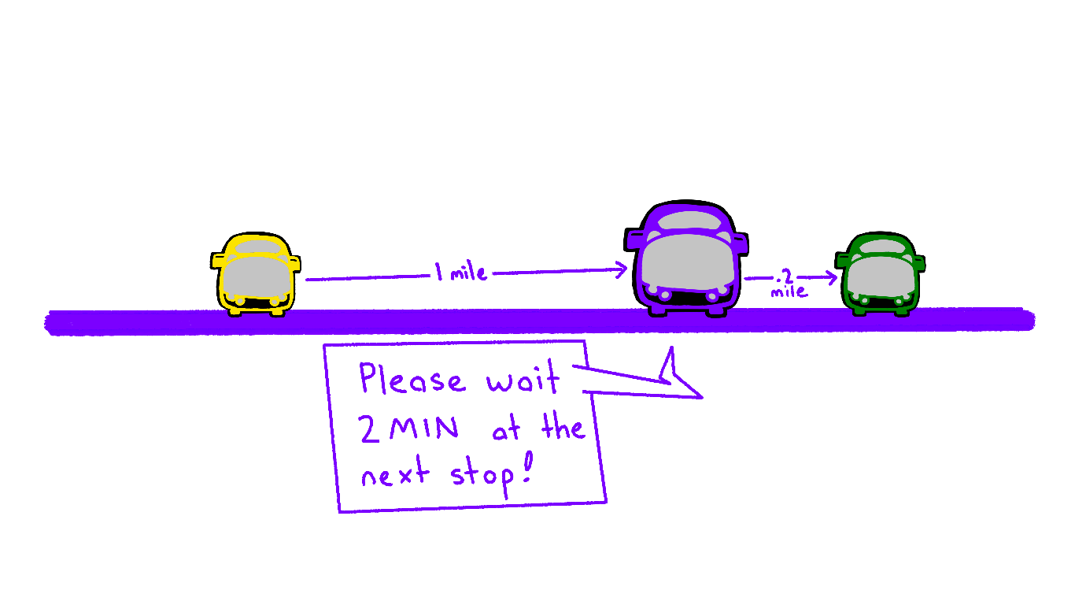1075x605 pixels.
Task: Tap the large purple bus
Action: pos(685,260)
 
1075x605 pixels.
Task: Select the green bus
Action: pos(880,274)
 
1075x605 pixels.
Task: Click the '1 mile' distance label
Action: pos(460,273)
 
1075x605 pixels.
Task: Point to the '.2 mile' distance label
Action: pos(788,284)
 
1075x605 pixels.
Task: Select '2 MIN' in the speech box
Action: pos(408,429)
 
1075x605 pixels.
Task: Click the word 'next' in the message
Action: pos(395,475)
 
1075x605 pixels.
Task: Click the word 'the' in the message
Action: pos(563,428)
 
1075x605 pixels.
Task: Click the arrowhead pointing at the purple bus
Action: pos(622,270)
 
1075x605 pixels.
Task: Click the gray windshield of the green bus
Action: pos(879,276)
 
